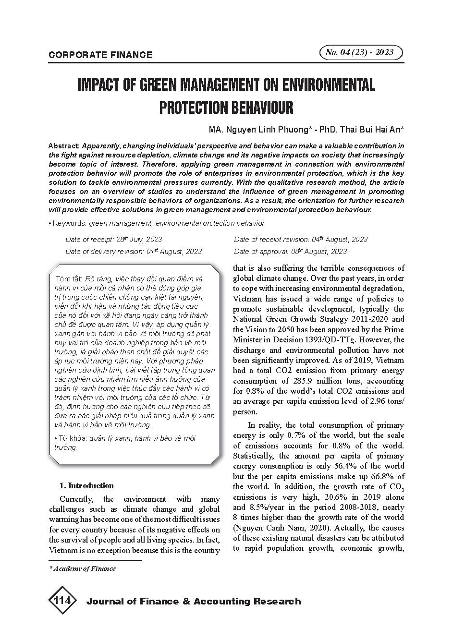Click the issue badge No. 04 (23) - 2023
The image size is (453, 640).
pos(360,53)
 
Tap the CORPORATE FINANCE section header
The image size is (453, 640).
pos(100,55)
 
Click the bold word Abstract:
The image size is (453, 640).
pos(64,146)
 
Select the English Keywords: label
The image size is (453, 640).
pos(69,223)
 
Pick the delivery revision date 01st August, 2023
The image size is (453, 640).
pos(174,251)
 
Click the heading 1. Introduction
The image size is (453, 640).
pos(86,485)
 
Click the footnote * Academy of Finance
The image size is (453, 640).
pos(83,568)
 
